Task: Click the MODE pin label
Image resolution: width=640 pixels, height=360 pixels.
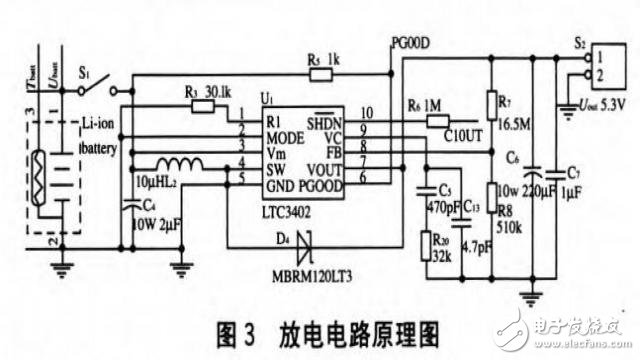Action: click(x=285, y=136)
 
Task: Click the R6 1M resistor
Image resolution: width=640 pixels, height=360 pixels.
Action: click(x=441, y=122)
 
